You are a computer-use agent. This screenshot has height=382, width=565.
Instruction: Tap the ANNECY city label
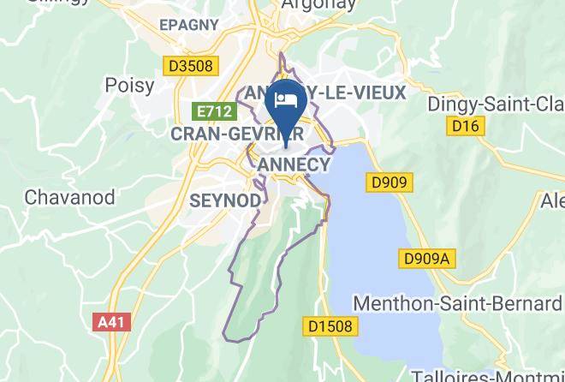click(293, 164)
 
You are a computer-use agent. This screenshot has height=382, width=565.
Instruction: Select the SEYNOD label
click(223, 200)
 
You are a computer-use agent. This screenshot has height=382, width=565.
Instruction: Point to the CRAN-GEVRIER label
click(235, 134)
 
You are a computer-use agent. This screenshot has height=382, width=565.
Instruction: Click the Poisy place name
click(129, 85)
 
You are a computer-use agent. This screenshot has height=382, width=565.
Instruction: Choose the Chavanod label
click(69, 196)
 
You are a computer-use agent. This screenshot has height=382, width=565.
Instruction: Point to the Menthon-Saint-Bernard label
click(457, 303)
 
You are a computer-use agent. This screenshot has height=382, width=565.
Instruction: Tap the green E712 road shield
click(213, 111)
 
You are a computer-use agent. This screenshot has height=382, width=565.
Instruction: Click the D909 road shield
click(390, 182)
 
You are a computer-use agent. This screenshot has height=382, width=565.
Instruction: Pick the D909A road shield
click(425, 258)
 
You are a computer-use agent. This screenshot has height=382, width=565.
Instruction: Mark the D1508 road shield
click(331, 326)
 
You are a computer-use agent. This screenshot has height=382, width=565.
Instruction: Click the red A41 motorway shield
click(110, 322)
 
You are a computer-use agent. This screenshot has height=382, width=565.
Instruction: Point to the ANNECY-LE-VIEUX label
click(325, 91)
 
